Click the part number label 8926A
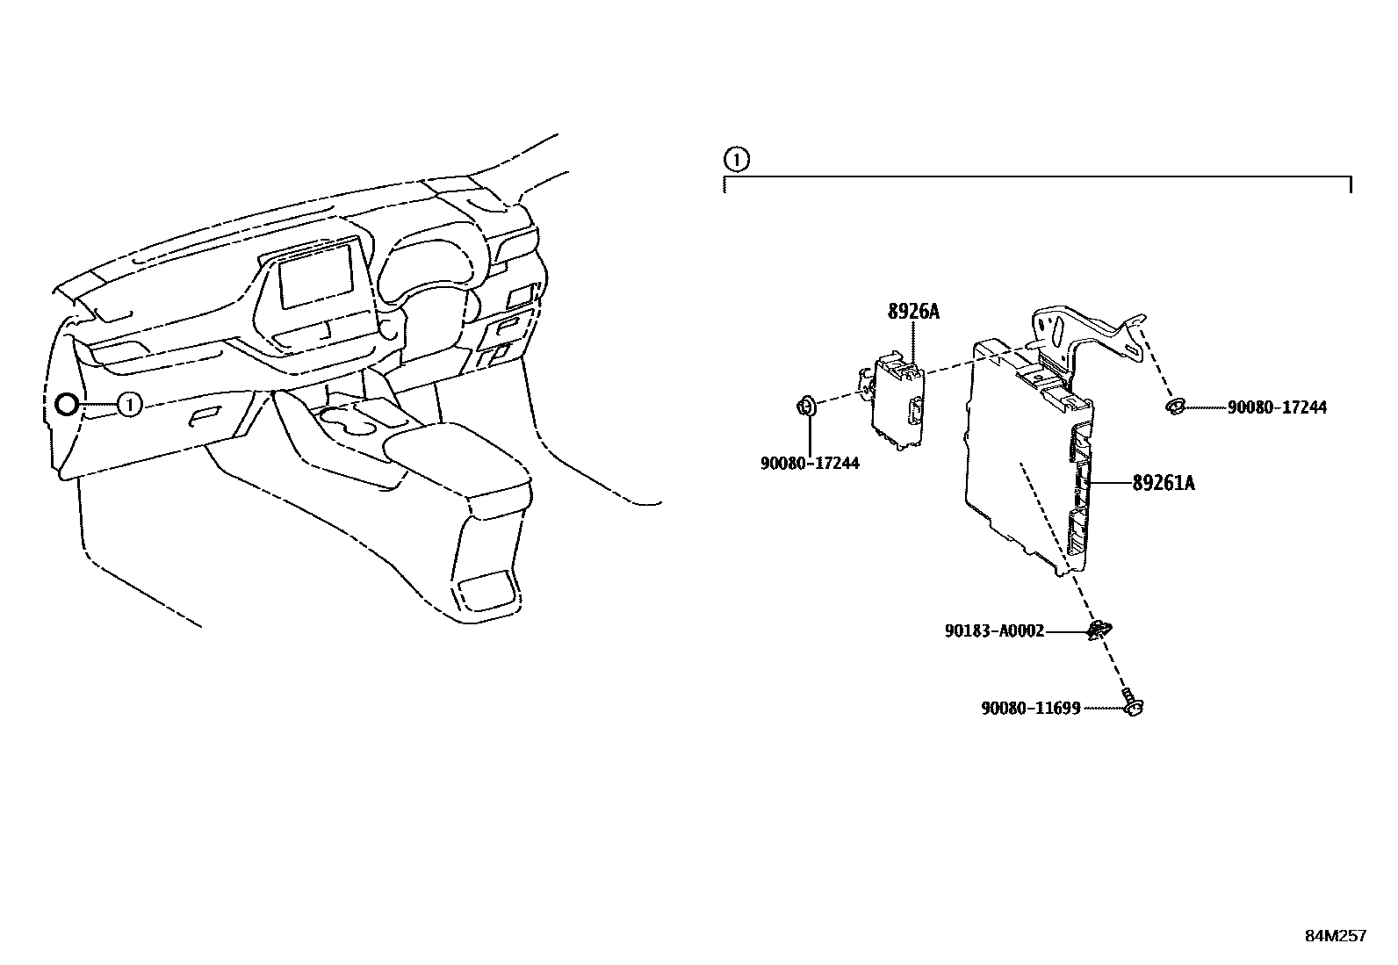pyautogui.click(x=912, y=312)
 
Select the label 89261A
pyautogui.click(x=1163, y=483)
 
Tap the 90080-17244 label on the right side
pyautogui.click(x=1277, y=407)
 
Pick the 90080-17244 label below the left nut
pyautogui.click(x=810, y=463)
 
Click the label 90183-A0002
pyautogui.click(x=994, y=630)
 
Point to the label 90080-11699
pyautogui.click(x=1030, y=708)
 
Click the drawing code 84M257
pyautogui.click(x=1335, y=936)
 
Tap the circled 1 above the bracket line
pyautogui.click(x=736, y=160)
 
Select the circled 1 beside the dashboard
pyautogui.click(x=128, y=405)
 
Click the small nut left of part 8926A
pyautogui.click(x=806, y=406)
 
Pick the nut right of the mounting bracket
pyautogui.click(x=1175, y=407)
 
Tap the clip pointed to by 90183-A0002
pyautogui.click(x=1098, y=630)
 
